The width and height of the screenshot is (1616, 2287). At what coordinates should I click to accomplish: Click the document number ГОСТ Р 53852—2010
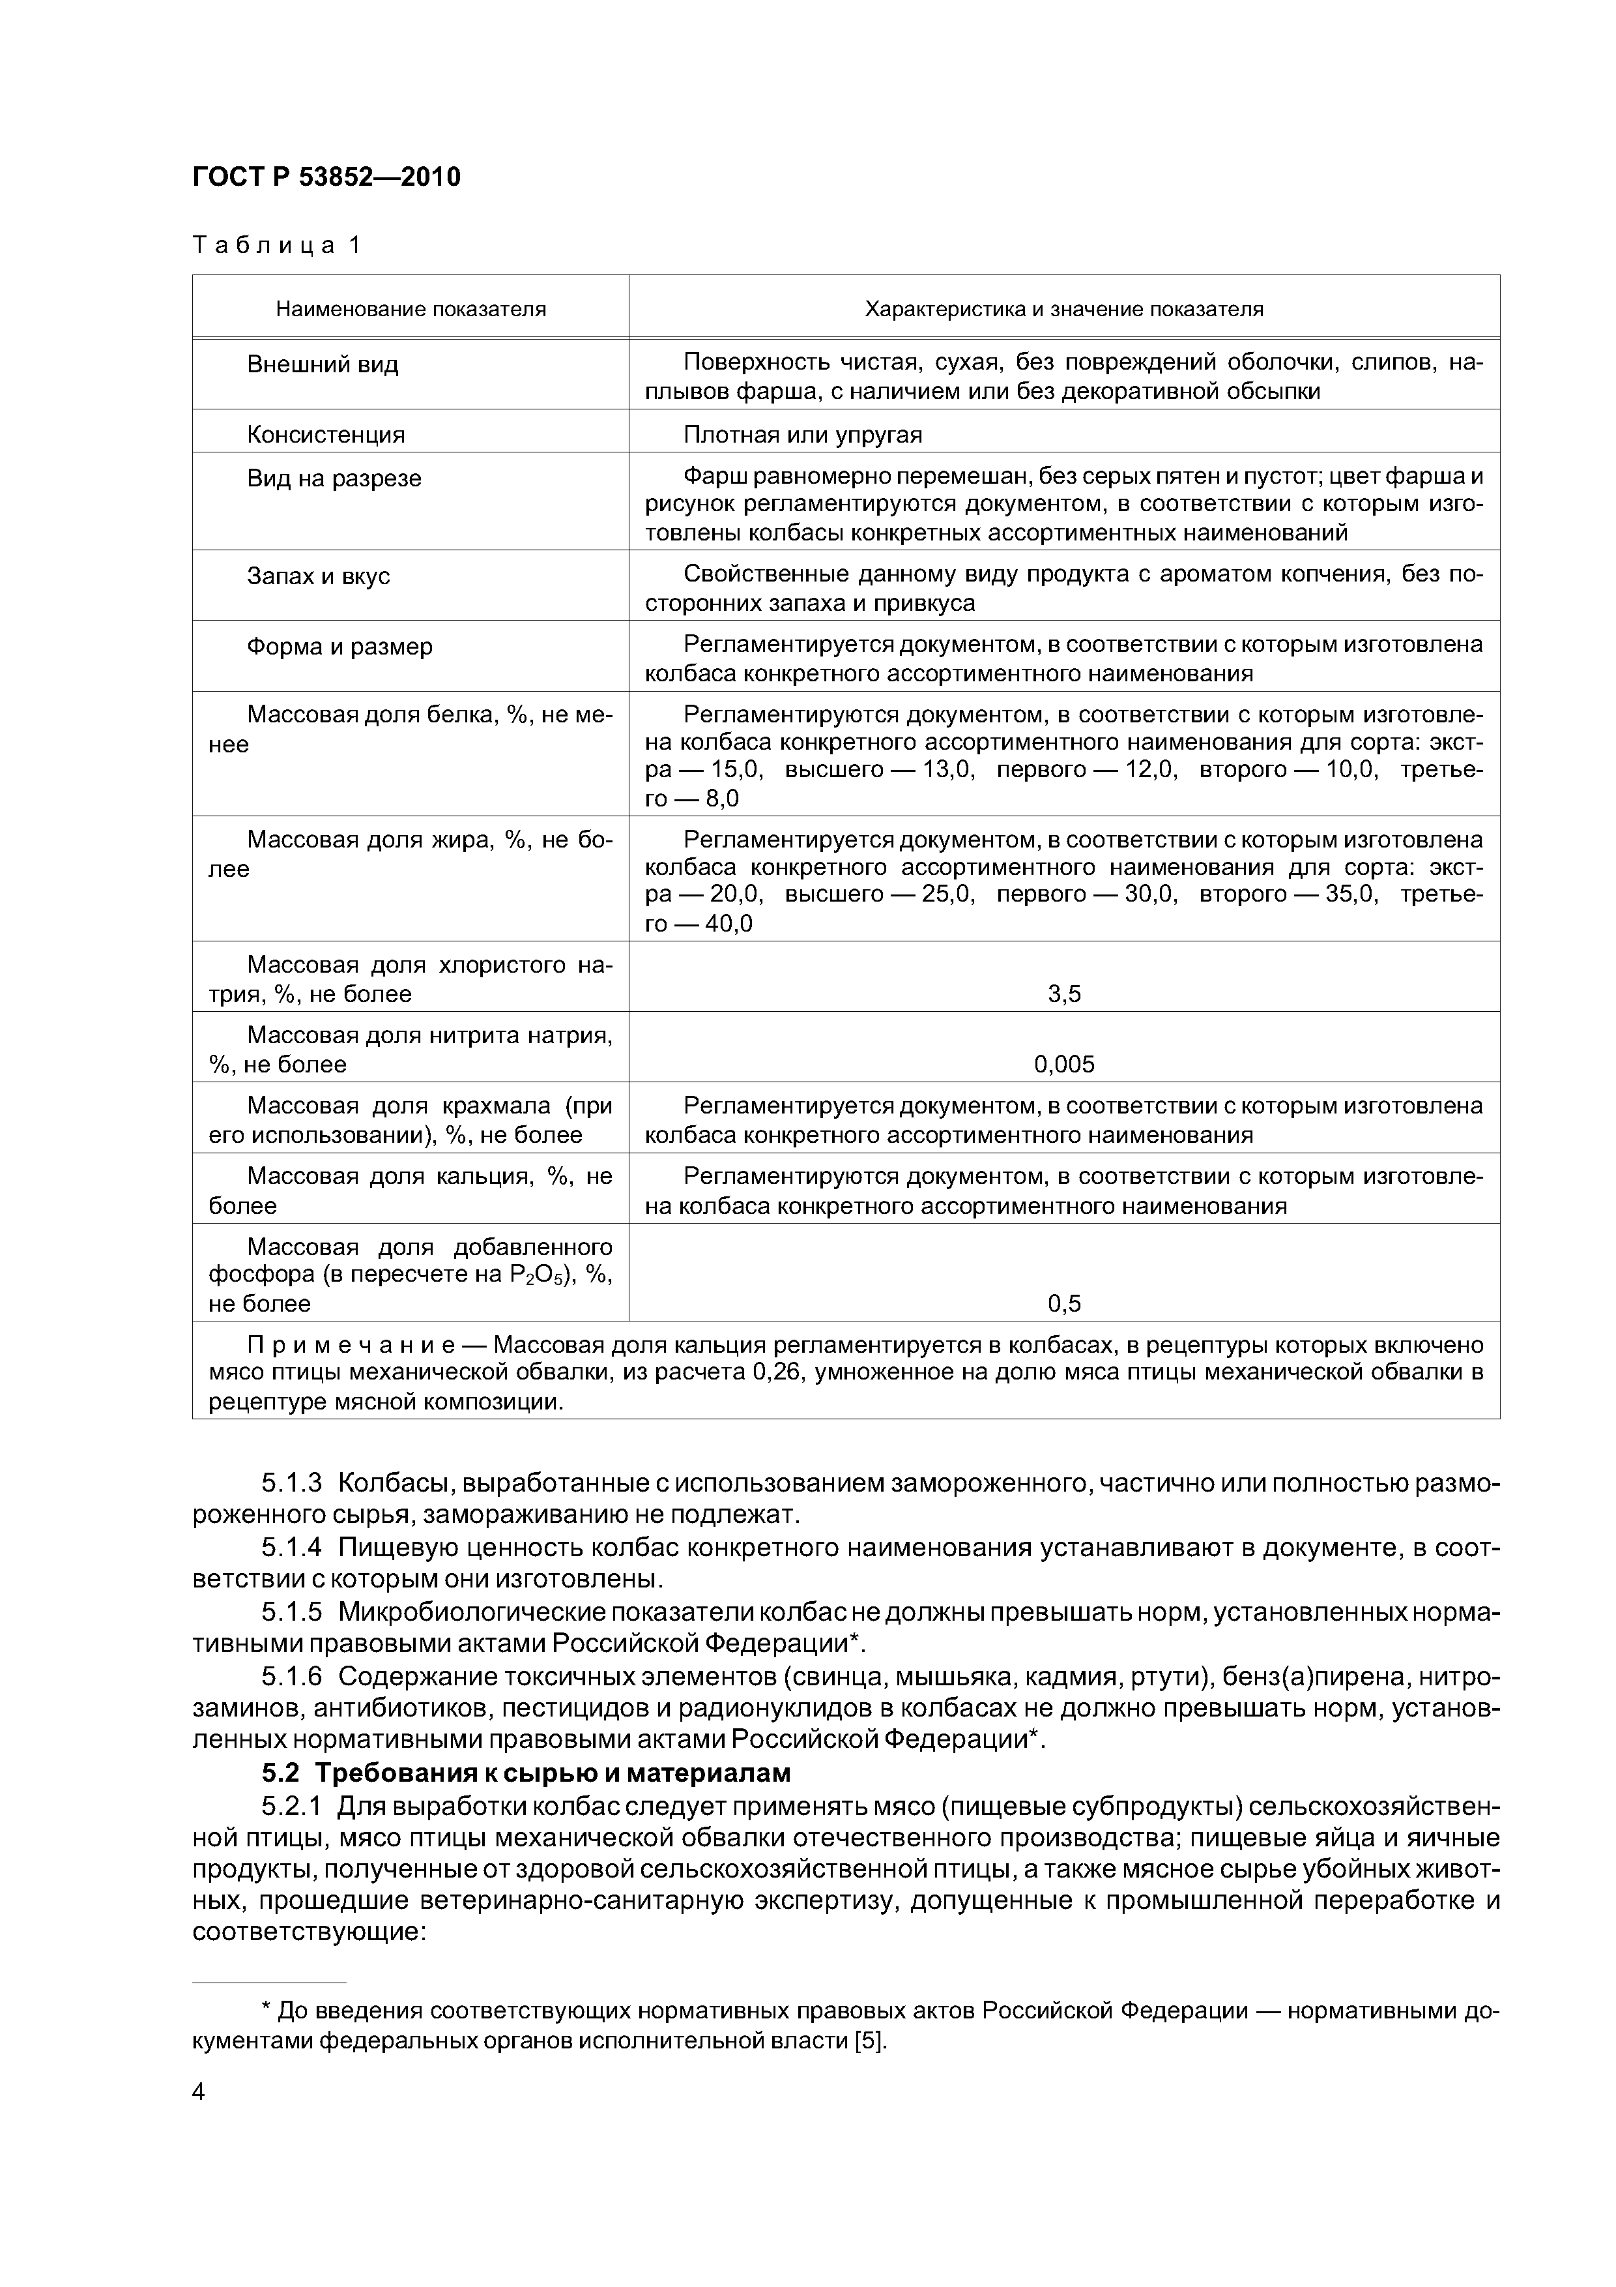click(x=326, y=177)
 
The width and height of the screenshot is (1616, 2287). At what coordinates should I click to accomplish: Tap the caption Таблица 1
click(x=276, y=245)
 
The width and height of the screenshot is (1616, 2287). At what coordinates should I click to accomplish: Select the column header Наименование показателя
click(x=411, y=309)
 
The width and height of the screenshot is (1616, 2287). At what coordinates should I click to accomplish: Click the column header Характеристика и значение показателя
click(x=1063, y=309)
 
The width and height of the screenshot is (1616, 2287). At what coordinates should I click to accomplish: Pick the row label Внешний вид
click(x=322, y=364)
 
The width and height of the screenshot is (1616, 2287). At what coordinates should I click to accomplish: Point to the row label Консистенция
click(x=326, y=434)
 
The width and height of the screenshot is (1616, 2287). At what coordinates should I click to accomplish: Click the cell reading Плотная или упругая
click(x=803, y=434)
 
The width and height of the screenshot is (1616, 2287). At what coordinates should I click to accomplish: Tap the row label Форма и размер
click(x=339, y=647)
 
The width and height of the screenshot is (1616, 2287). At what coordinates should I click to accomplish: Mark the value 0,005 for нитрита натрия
click(x=1063, y=1064)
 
